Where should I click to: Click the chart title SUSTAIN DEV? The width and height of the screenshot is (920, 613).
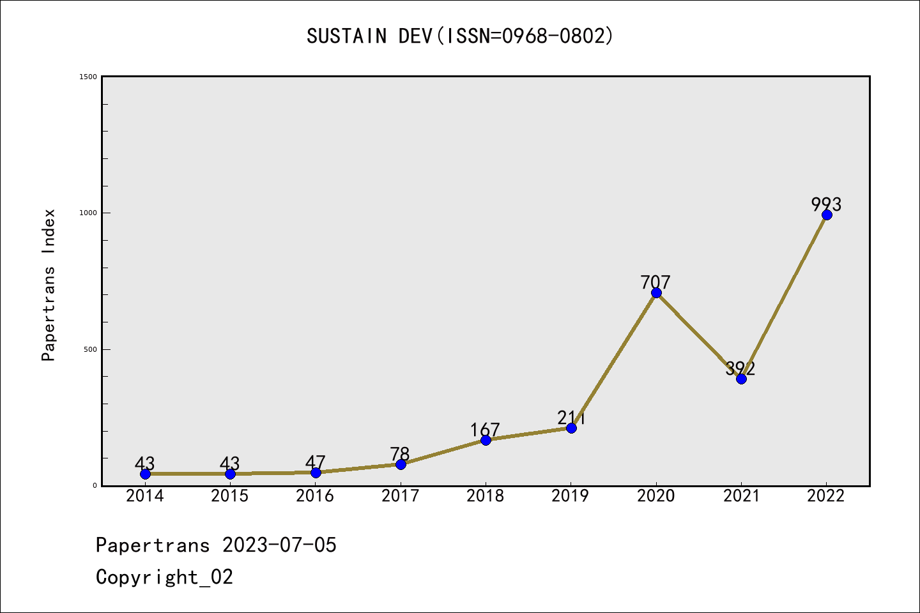[x=460, y=36]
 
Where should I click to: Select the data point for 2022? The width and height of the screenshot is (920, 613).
[x=827, y=215]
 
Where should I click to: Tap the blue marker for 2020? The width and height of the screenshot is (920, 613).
[x=656, y=292]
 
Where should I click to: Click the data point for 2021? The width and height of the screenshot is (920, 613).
[x=741, y=379]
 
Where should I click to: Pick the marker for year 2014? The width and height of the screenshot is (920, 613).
[x=145, y=474]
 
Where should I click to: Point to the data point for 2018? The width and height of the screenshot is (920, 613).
[x=486, y=440]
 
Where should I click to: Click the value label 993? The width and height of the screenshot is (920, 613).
[x=827, y=204]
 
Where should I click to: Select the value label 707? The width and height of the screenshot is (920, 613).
[x=656, y=282]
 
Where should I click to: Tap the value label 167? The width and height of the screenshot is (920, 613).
[x=485, y=430]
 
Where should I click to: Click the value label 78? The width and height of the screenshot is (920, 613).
[x=400, y=454]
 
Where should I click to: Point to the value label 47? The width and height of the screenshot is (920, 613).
[x=315, y=462]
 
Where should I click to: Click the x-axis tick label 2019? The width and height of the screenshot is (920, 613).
[x=571, y=496]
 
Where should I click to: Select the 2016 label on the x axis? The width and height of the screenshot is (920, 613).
[x=315, y=496]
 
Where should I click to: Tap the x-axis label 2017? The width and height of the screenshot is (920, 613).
[x=400, y=496]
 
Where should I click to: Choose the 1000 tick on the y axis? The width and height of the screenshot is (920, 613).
[x=88, y=213]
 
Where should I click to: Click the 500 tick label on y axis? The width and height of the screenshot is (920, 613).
[x=90, y=349]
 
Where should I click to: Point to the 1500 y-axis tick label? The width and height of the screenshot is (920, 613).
[x=88, y=77]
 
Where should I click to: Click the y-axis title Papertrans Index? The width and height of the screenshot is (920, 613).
[x=49, y=285]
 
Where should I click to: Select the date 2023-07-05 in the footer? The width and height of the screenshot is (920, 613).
[x=279, y=545]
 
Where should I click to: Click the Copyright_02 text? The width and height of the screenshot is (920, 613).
[x=164, y=577]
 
